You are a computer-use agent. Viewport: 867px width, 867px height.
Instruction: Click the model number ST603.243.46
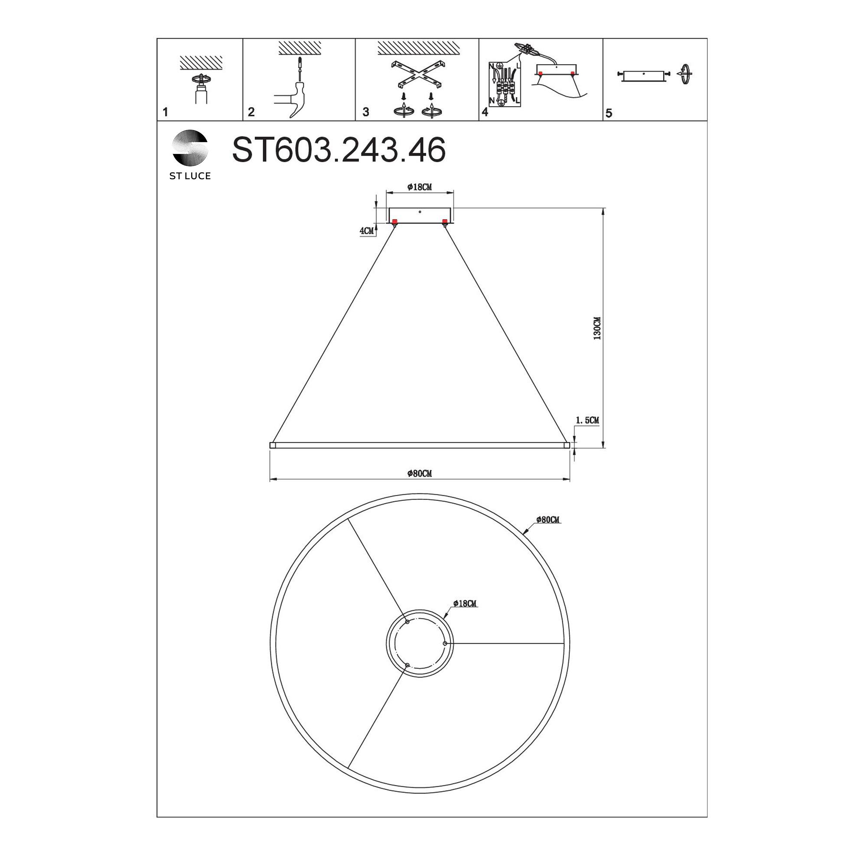[x=339, y=150]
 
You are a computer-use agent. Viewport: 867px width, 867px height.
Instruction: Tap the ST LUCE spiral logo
[x=190, y=148]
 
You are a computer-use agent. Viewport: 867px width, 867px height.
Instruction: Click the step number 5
[x=609, y=113]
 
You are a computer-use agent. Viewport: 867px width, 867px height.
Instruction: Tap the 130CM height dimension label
[x=597, y=328]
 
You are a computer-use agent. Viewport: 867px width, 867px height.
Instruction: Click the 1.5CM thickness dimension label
[x=587, y=420]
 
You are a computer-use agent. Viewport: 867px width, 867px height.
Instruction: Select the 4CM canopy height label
[x=367, y=231]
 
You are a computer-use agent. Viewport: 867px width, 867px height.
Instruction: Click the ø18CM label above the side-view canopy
[x=420, y=187]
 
